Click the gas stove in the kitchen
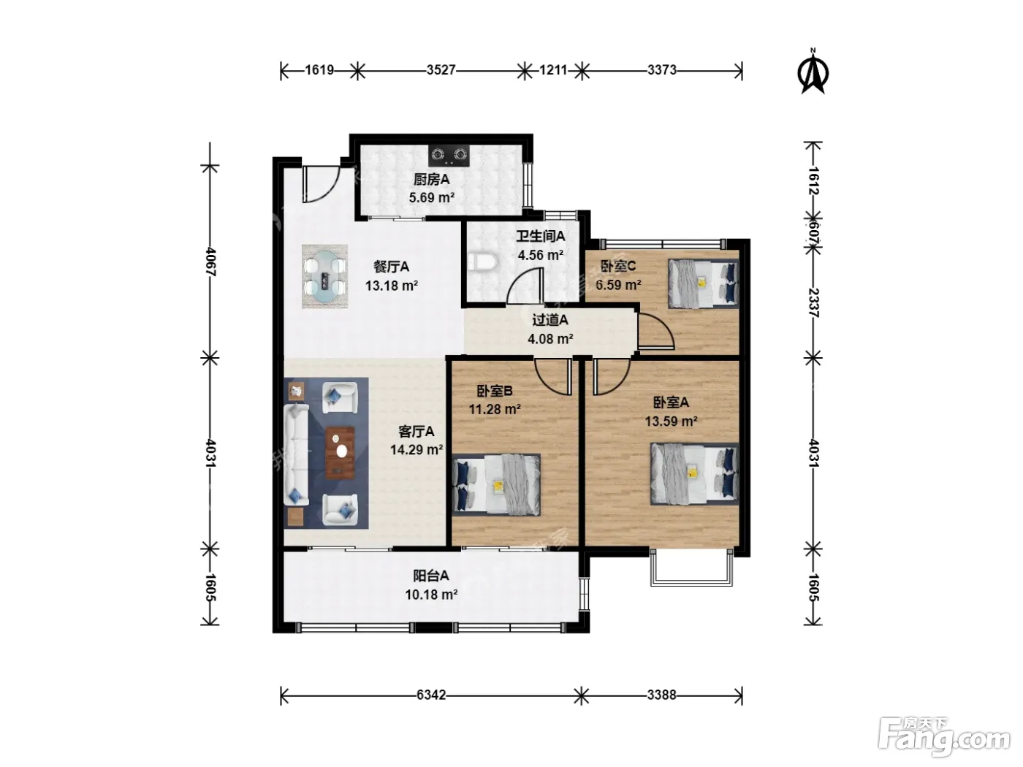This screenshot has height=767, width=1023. click(x=449, y=156)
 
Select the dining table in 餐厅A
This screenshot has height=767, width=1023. click(x=325, y=277)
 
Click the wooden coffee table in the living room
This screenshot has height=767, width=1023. click(x=341, y=453)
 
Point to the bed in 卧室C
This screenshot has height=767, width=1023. click(x=703, y=283)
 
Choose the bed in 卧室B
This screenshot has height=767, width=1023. click(x=496, y=485)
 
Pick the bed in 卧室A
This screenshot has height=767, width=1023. click(x=694, y=473)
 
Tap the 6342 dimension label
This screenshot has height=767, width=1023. click(x=431, y=695)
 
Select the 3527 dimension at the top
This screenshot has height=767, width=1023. click(x=441, y=70)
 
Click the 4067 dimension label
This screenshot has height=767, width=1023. click(x=210, y=262)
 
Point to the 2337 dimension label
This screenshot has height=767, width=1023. click(x=813, y=302)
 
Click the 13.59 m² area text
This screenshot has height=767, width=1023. click(x=671, y=421)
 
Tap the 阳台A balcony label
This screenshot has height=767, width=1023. click(x=431, y=576)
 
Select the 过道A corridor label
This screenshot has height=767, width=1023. click(x=550, y=321)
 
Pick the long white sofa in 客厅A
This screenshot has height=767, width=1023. click(x=297, y=455)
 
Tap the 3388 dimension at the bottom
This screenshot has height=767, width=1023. click(x=662, y=695)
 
